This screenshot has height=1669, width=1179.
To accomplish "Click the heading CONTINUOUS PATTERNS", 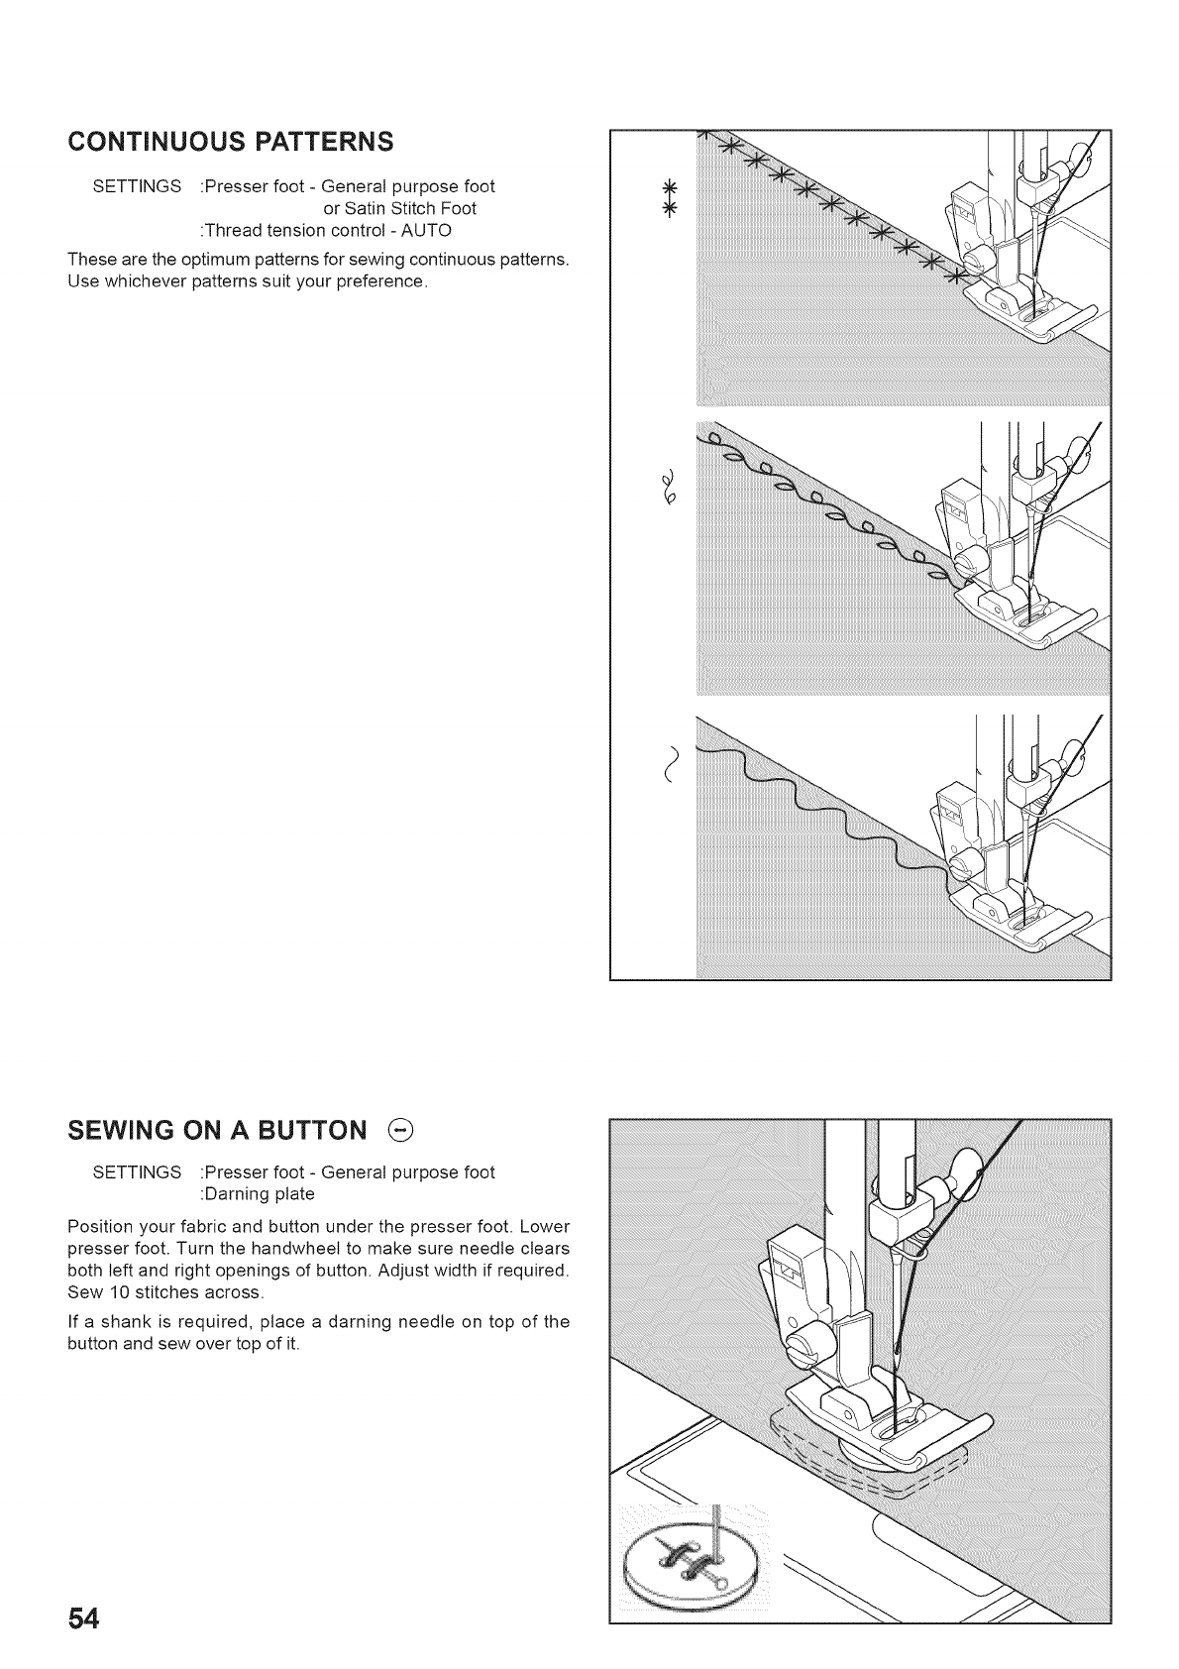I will pos(230,141).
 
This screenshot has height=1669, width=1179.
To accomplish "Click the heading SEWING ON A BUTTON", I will pos(217,1131).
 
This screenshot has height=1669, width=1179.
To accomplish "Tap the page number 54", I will pos(84,1620).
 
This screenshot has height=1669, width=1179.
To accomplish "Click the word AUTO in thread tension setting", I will pos(428,230).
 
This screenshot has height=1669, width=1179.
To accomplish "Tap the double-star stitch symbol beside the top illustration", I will pos(669,198).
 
